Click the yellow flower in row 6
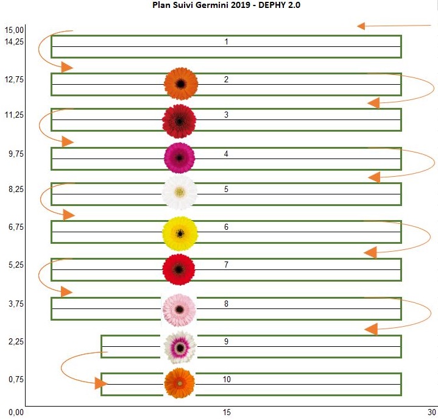click(180, 233)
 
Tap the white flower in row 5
click(180, 193)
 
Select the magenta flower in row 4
click(180, 158)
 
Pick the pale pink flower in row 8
click(180, 309)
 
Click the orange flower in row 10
click(180, 383)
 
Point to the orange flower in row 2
click(181, 84)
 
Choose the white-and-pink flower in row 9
click(180, 347)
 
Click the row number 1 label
click(226, 42)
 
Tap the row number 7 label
click(226, 265)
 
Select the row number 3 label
click(226, 115)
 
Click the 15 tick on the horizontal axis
click(226, 413)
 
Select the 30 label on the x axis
click(432, 413)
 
